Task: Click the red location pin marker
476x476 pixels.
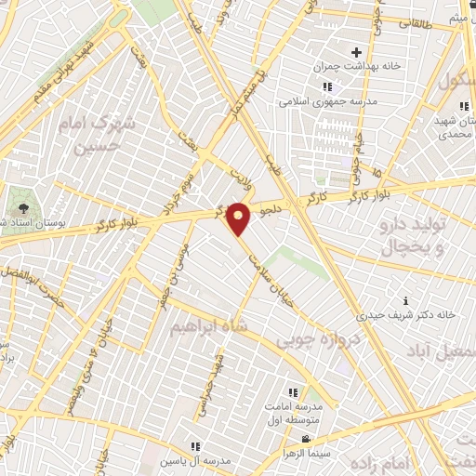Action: pos(239,218)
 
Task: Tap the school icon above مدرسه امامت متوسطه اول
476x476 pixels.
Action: pos(293,392)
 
